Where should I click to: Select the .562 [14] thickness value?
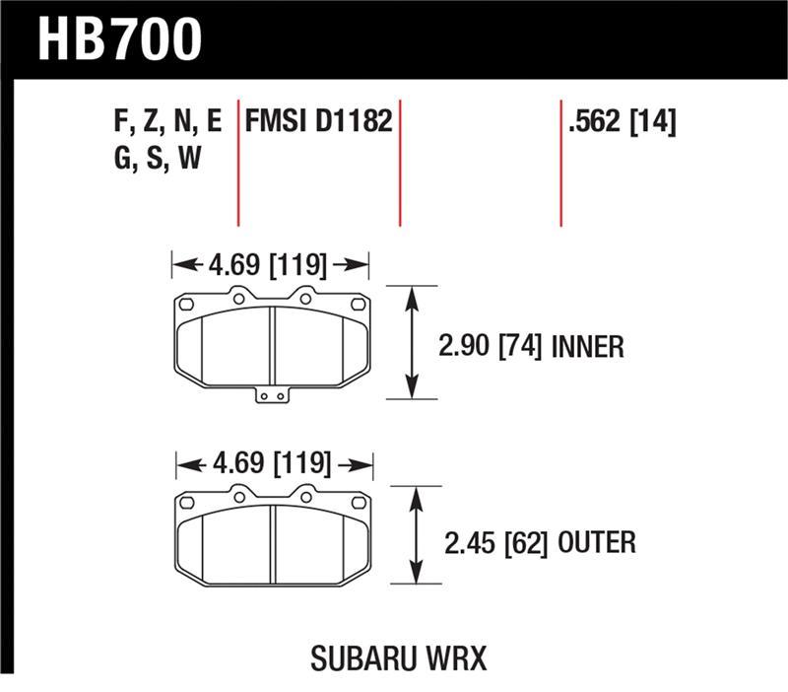point(622,122)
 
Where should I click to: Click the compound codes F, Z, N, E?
point(167,122)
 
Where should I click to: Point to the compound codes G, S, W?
point(158,158)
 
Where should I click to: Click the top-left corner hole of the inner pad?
point(187,304)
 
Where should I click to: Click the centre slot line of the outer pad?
point(272,542)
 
